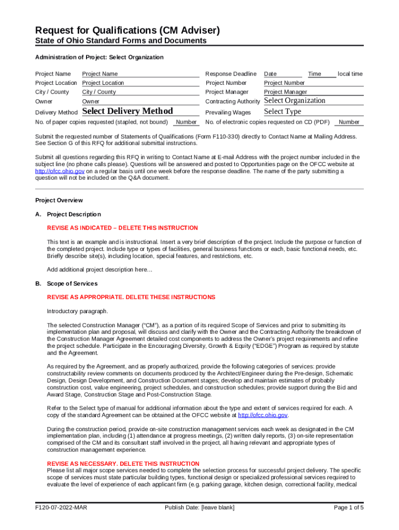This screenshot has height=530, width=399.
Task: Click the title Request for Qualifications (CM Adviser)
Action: [127, 31]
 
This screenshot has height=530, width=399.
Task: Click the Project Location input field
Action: [140, 83]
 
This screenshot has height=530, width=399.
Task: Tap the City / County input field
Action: [140, 92]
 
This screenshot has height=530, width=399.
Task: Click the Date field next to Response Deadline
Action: [282, 74]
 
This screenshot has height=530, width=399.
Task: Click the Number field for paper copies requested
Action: [186, 123]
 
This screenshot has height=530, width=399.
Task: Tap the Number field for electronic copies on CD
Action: [348, 123]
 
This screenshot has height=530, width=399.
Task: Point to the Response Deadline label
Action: [231, 74]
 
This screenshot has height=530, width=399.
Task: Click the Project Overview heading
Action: [59, 200]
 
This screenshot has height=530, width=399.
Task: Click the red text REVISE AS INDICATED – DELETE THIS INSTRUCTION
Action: [122, 228]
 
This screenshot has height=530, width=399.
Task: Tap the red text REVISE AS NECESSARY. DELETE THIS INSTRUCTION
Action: [123, 464]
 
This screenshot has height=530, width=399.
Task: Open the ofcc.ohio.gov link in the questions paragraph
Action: [60, 171]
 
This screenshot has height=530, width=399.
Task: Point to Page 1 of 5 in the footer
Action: [349, 508]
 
